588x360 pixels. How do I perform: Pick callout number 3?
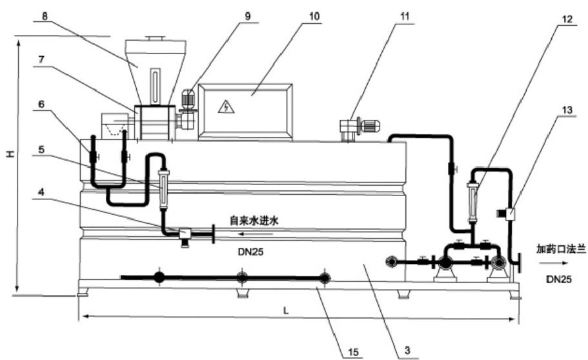pos(407,352)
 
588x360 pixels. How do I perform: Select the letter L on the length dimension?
pos(285,310)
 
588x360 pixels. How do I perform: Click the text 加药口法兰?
pos(560,248)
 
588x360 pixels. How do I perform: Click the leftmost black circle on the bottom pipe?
pos(159,277)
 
